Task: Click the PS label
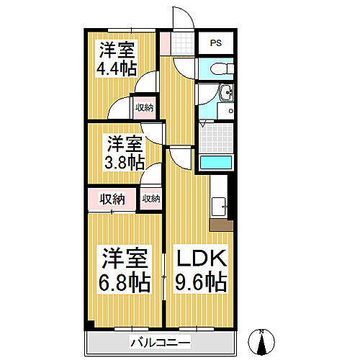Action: (x=215, y=42)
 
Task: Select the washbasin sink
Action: (x=228, y=94)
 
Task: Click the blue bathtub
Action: (x=215, y=161)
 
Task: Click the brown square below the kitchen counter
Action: (x=221, y=224)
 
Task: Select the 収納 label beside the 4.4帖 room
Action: (x=144, y=107)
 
